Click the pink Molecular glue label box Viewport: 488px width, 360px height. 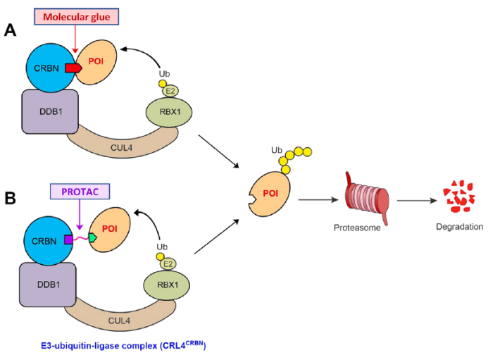tap(77, 16)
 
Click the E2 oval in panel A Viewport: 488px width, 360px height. tap(169, 89)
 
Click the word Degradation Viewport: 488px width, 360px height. tap(458, 227)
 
